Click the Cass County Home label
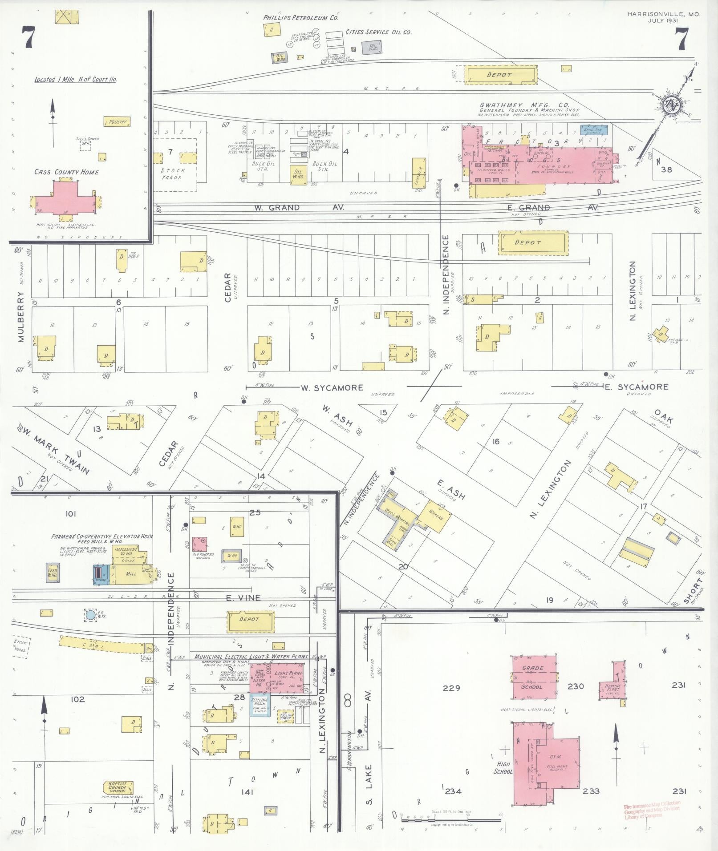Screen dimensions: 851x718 (66, 172)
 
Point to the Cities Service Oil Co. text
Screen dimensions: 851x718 (378, 32)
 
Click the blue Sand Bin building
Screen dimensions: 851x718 (594, 130)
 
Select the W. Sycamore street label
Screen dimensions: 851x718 (332, 388)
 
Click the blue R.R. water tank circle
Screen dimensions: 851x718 (90, 615)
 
